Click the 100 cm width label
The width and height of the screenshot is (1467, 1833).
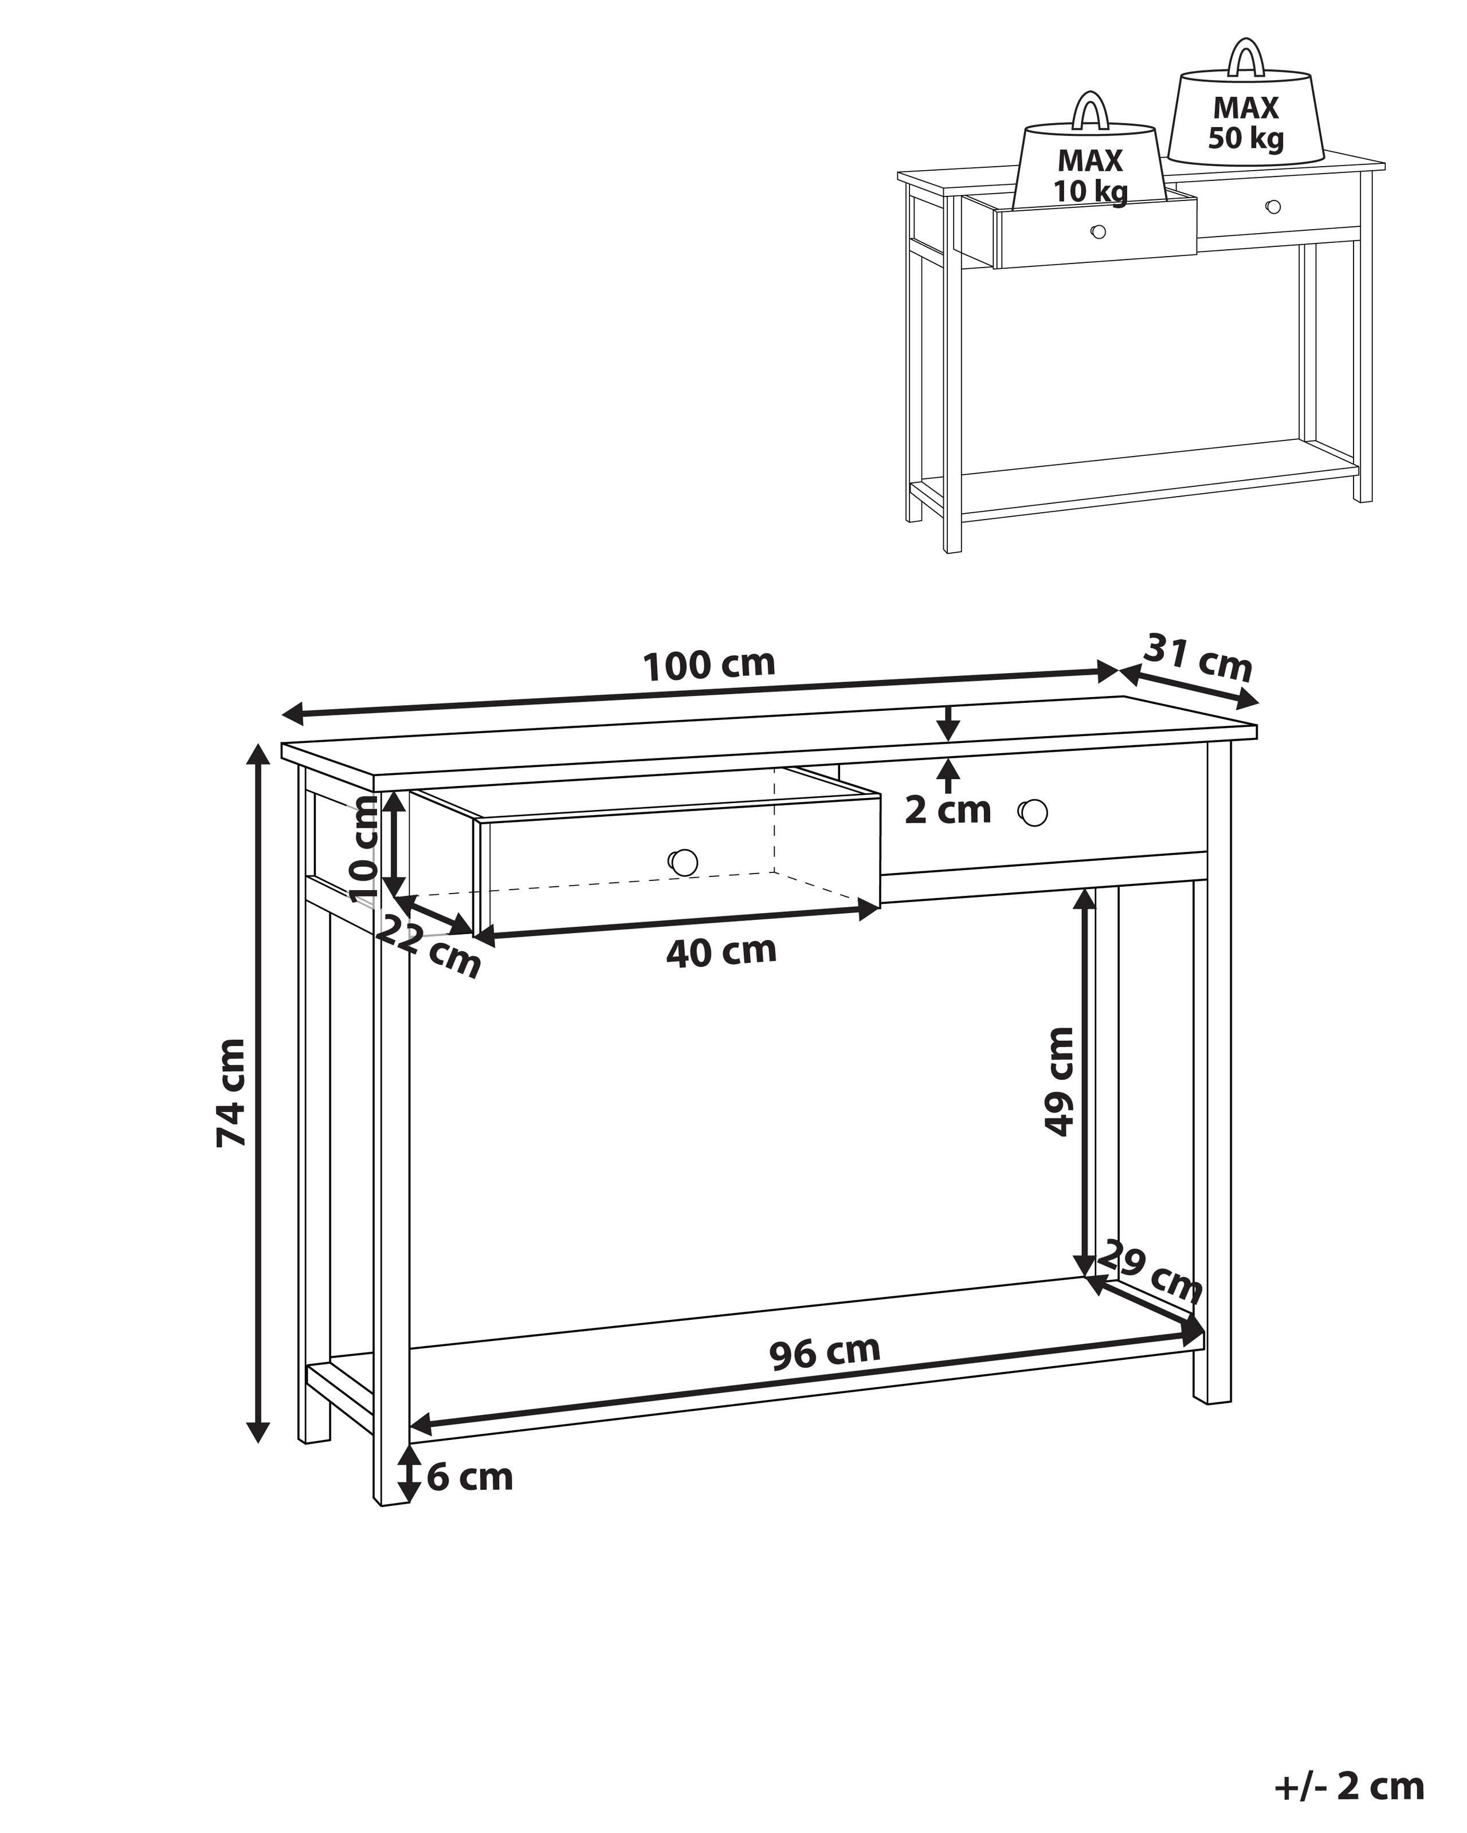pyautogui.click(x=709, y=665)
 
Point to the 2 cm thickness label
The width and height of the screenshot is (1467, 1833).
pyautogui.click(x=947, y=810)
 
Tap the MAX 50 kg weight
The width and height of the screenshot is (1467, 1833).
pyautogui.click(x=1246, y=123)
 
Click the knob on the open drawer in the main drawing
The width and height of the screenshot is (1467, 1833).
pyautogui.click(x=684, y=862)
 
